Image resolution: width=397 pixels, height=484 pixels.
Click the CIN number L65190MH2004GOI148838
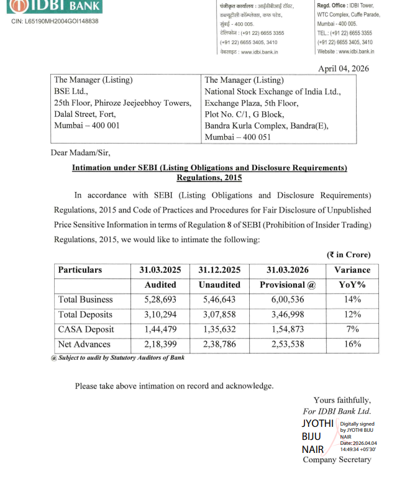(x=55, y=21)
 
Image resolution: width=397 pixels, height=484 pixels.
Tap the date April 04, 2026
(x=344, y=69)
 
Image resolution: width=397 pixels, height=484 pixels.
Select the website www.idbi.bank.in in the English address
(x=345, y=52)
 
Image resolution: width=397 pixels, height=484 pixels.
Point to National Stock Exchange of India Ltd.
(x=273, y=91)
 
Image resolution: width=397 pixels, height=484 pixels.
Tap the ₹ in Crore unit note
(x=349, y=255)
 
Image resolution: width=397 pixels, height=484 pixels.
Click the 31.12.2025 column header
(x=219, y=270)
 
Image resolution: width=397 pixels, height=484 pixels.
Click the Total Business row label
(x=86, y=299)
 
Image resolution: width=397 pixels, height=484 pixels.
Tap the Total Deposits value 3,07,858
(x=219, y=314)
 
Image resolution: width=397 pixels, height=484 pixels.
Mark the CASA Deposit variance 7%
(x=352, y=329)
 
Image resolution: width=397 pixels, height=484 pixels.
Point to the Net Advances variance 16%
(x=352, y=344)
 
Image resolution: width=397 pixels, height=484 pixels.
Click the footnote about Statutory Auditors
(x=118, y=357)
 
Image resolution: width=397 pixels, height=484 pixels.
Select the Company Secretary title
(x=337, y=460)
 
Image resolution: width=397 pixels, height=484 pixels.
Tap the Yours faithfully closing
(x=342, y=400)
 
